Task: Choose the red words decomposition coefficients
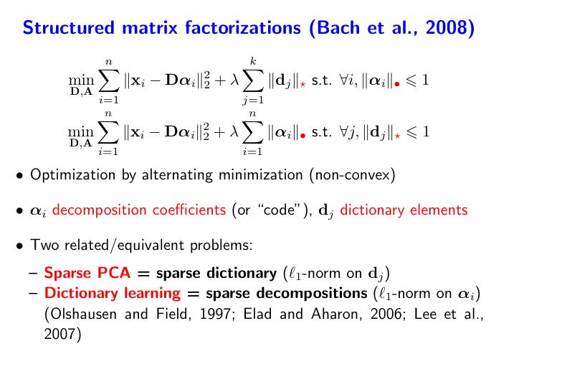pyautogui.click(x=139, y=210)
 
